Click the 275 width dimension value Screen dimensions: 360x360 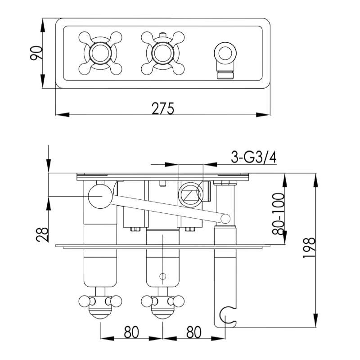[x=162, y=108]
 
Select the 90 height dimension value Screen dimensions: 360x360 [x=38, y=53]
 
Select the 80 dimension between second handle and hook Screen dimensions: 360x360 [x=193, y=332]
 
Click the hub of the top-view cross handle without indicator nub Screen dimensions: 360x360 [x=100, y=54]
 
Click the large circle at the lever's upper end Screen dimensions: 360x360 [x=99, y=197]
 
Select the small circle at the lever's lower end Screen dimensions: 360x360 [x=225, y=219]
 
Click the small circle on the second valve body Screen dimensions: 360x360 [x=163, y=275]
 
